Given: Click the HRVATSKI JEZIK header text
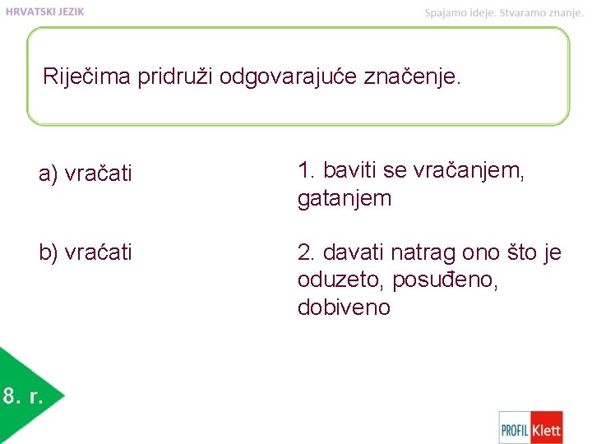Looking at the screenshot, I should point(44,12).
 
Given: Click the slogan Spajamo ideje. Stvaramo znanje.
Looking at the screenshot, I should point(503,12).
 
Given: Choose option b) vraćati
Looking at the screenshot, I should point(86,252).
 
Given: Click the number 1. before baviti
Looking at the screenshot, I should point(307,170).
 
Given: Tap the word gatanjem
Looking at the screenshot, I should point(345,199).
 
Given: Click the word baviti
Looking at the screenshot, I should point(349,170).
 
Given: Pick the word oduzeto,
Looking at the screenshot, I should point(341,280).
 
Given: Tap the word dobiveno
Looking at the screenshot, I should point(344,308).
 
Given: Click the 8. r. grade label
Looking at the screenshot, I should point(22,397).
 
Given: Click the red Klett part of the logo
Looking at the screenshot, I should point(546,428).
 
